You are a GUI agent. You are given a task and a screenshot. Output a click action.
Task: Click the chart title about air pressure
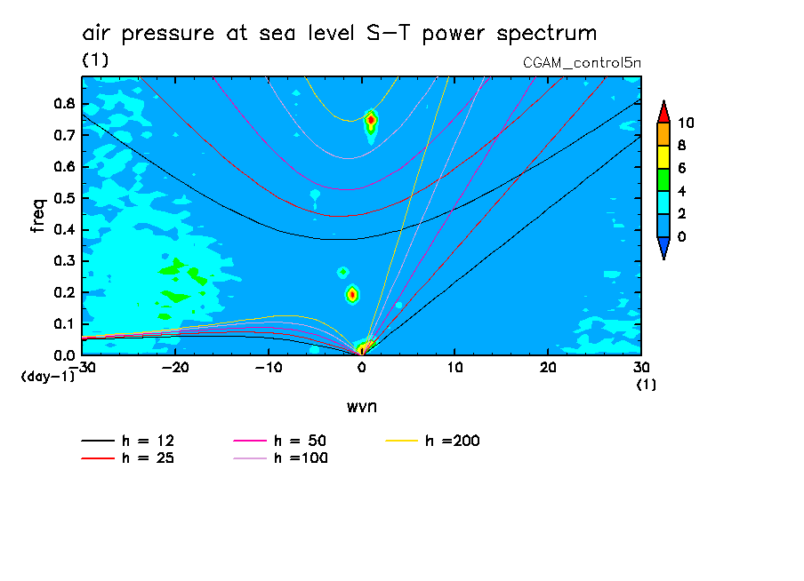339,34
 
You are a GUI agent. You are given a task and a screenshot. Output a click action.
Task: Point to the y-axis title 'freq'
37,215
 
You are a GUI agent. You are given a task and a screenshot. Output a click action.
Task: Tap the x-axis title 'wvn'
361,406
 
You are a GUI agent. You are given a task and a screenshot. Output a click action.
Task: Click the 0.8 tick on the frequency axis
63,103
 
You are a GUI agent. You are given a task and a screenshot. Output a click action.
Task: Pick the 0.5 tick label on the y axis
63,198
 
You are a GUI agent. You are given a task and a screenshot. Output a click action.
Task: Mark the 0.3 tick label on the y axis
63,261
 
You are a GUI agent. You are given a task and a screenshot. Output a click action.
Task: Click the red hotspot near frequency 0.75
371,119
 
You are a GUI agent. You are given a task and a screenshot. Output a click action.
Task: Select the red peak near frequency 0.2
352,294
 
